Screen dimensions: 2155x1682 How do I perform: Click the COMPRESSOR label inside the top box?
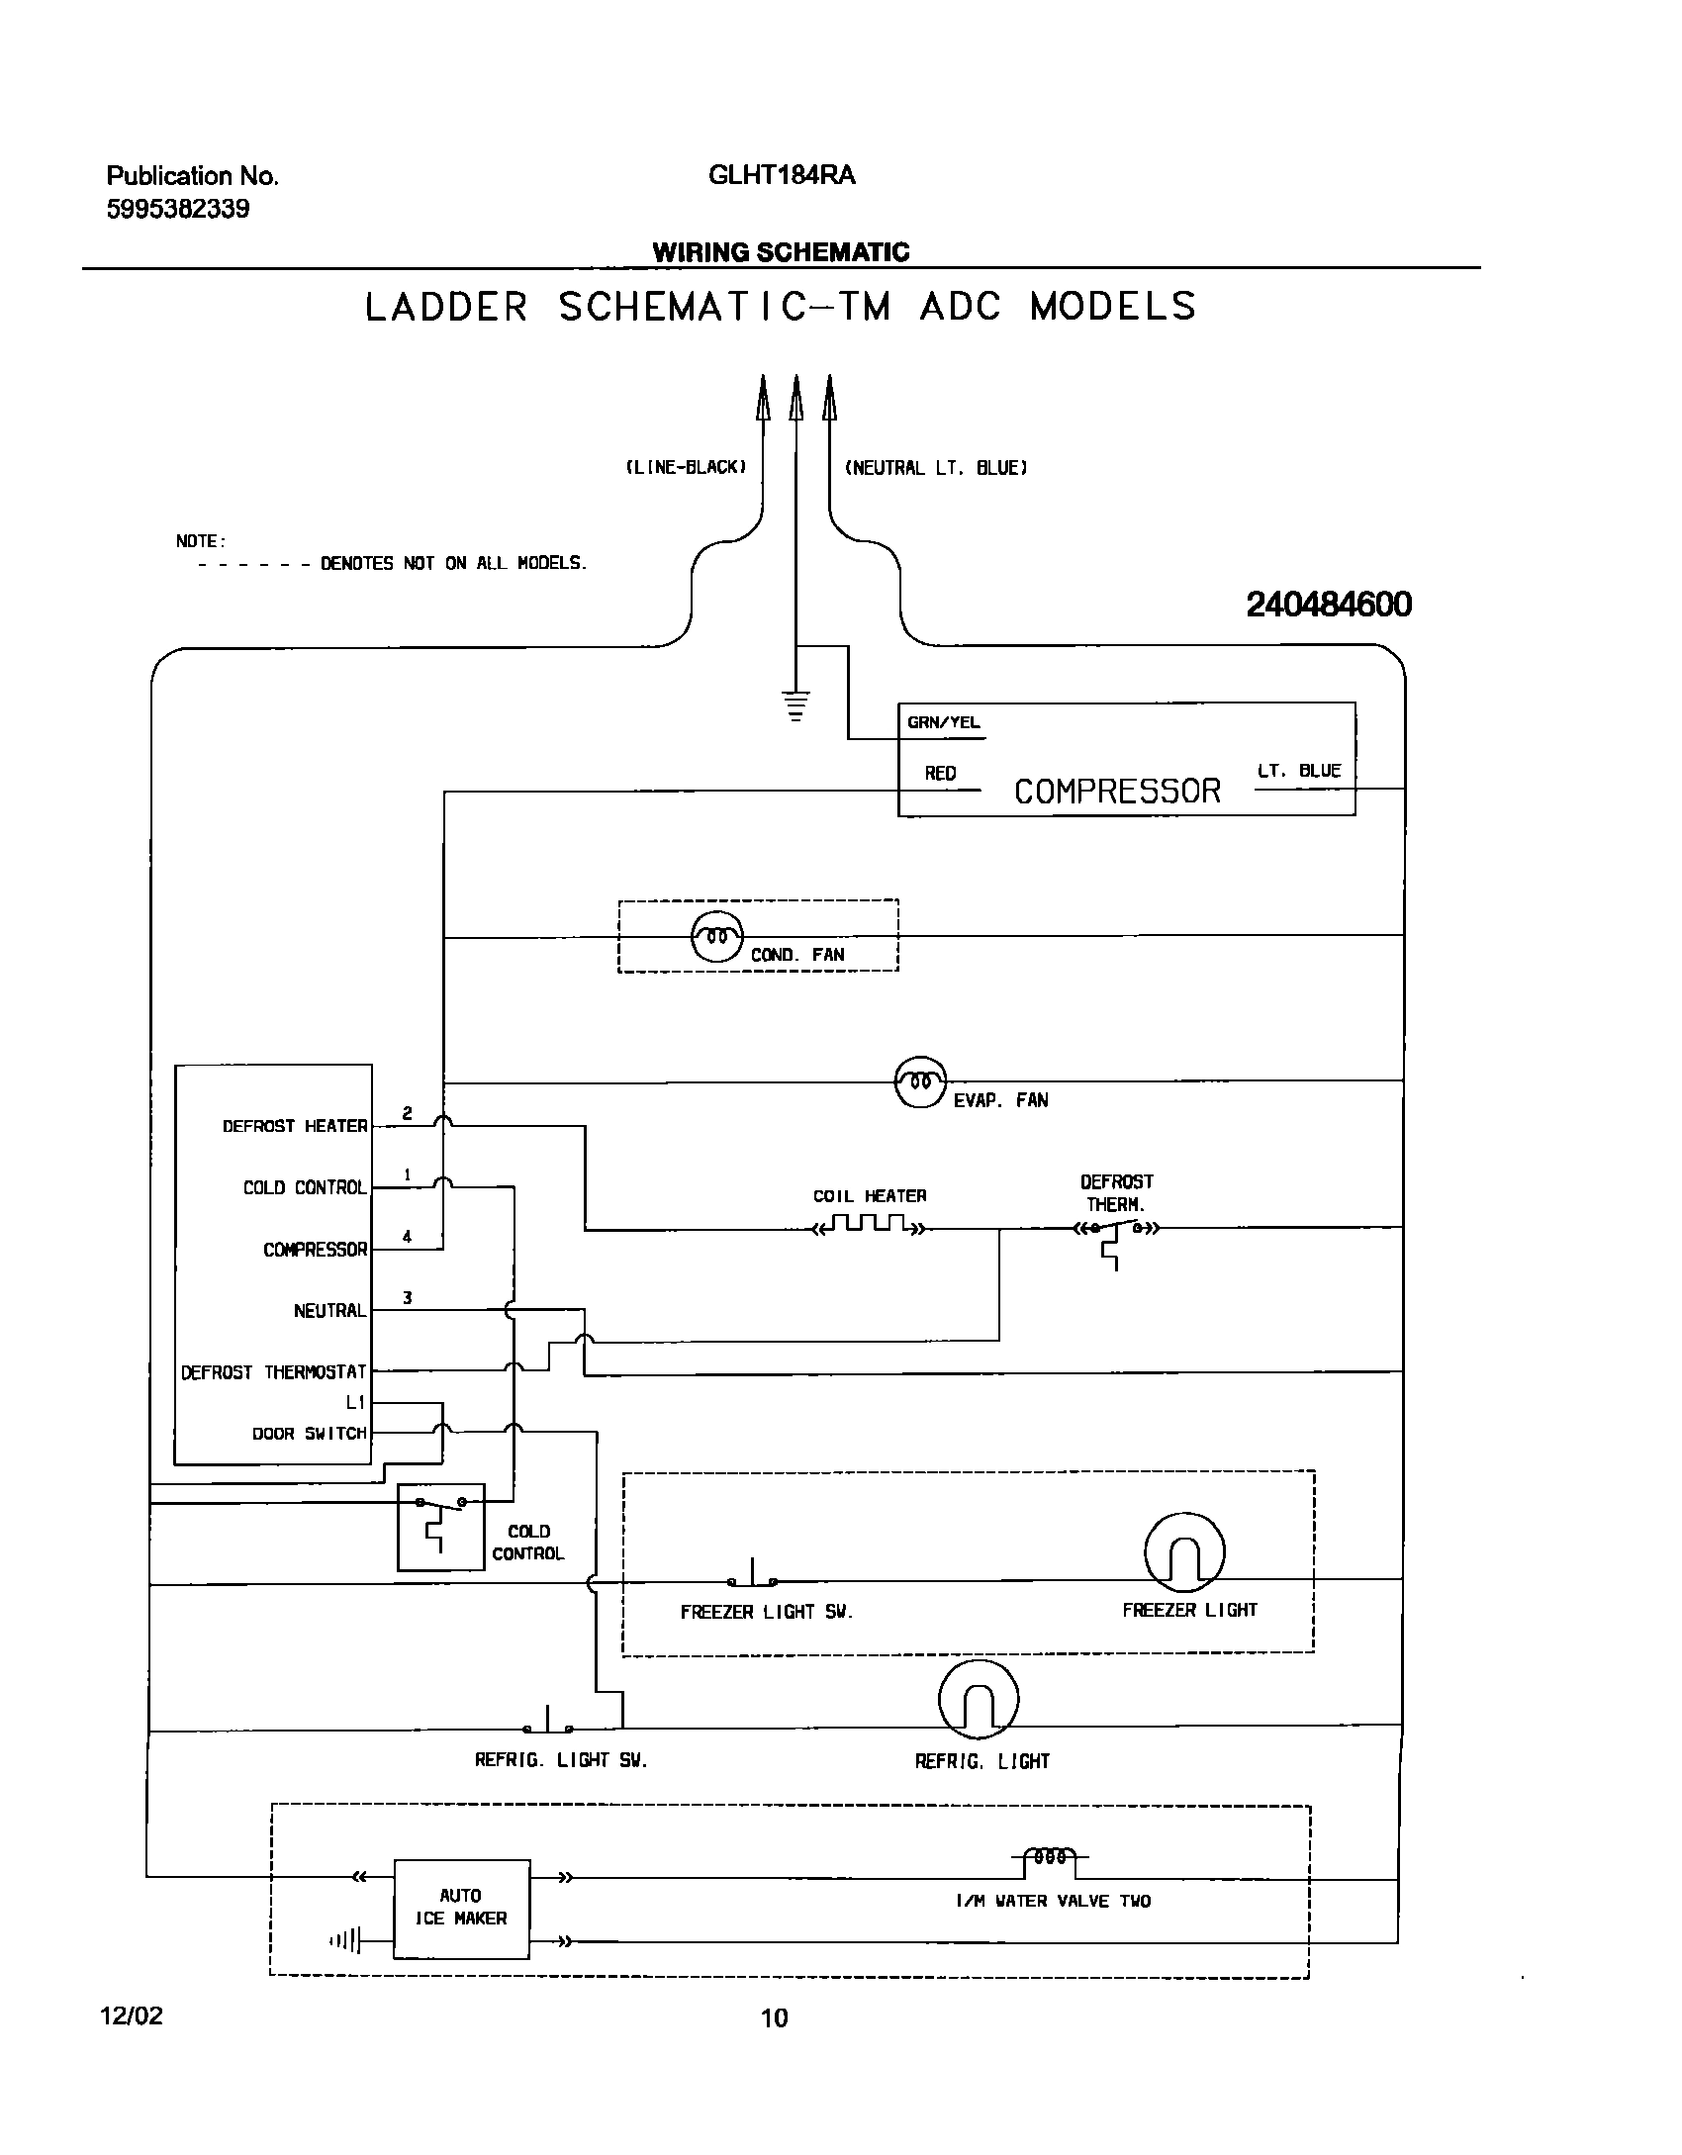click(1117, 791)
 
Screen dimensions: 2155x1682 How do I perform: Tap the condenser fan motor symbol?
click(716, 935)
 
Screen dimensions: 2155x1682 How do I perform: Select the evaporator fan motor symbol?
click(920, 1081)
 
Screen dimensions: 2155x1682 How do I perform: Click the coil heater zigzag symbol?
click(870, 1227)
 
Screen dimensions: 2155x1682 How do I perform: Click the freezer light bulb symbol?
click(1184, 1552)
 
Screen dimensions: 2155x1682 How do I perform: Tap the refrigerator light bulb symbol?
click(978, 1699)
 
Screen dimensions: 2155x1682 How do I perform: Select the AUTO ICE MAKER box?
click(461, 1909)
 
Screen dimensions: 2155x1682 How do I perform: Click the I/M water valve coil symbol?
click(1049, 1857)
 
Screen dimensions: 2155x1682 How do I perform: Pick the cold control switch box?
click(440, 1527)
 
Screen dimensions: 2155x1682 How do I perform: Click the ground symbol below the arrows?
click(795, 706)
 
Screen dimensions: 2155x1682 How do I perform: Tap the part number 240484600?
click(1328, 604)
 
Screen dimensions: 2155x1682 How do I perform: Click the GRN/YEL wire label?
click(943, 722)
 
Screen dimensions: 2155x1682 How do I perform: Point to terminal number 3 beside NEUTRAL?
click(407, 1297)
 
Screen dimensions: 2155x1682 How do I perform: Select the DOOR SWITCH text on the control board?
click(309, 1433)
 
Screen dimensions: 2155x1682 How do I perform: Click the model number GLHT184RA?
click(781, 175)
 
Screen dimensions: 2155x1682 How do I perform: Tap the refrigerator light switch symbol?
click(548, 1725)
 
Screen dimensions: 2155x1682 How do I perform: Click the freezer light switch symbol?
click(752, 1577)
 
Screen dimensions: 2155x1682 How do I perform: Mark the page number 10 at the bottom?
click(774, 2017)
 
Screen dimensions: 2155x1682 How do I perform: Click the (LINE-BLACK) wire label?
click(685, 467)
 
